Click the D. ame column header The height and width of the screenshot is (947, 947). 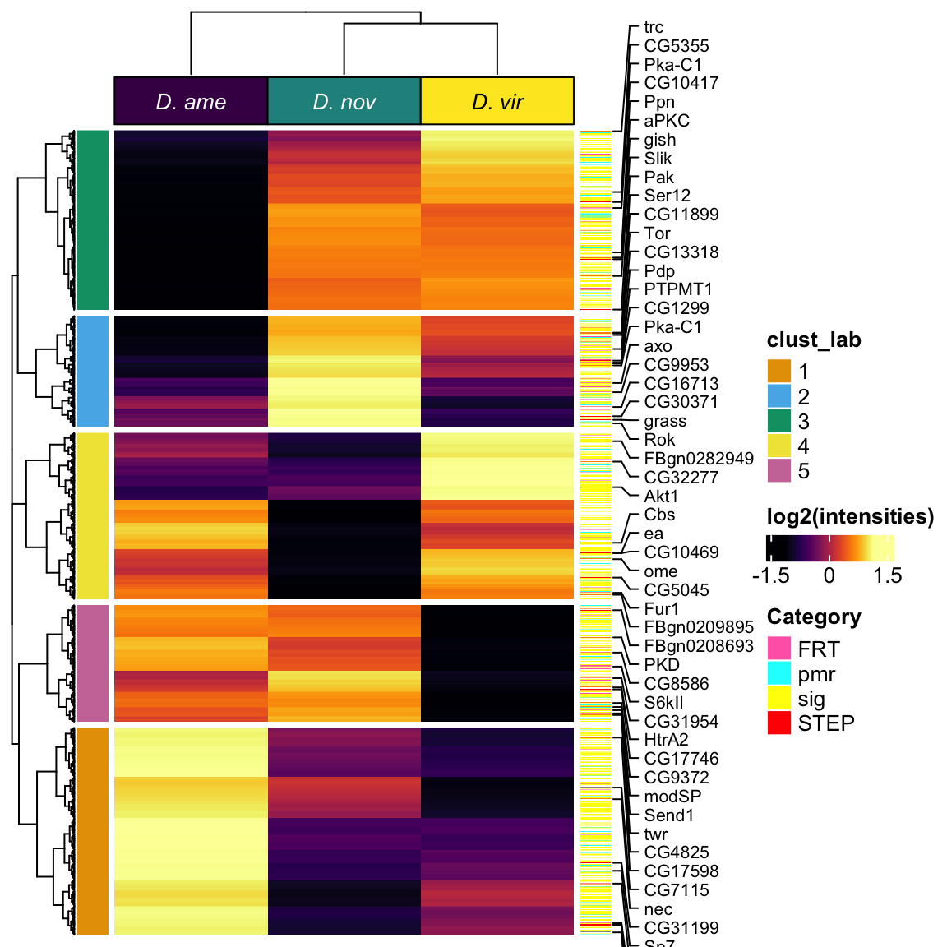191,102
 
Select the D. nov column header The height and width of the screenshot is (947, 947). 344,102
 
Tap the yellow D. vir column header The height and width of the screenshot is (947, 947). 497,102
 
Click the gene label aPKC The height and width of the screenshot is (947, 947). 667,121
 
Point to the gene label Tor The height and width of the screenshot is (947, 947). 658,233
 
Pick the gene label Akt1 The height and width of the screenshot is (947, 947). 661,497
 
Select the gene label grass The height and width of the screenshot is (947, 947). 665,421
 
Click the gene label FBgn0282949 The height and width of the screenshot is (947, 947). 699,459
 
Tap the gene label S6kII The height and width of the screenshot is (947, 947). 663,703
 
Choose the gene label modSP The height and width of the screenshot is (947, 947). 672,797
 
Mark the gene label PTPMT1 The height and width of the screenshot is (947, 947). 678,289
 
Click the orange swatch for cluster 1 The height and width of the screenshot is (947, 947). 779,372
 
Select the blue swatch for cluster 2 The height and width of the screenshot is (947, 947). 779,396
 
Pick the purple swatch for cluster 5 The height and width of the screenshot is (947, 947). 779,471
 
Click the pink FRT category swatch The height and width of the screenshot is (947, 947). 779,649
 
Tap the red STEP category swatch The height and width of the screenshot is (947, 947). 779,723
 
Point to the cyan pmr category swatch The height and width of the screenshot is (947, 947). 779,673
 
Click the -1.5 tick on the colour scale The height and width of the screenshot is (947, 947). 770,575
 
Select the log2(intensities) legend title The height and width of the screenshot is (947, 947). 850,516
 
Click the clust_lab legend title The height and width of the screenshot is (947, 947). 814,340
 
